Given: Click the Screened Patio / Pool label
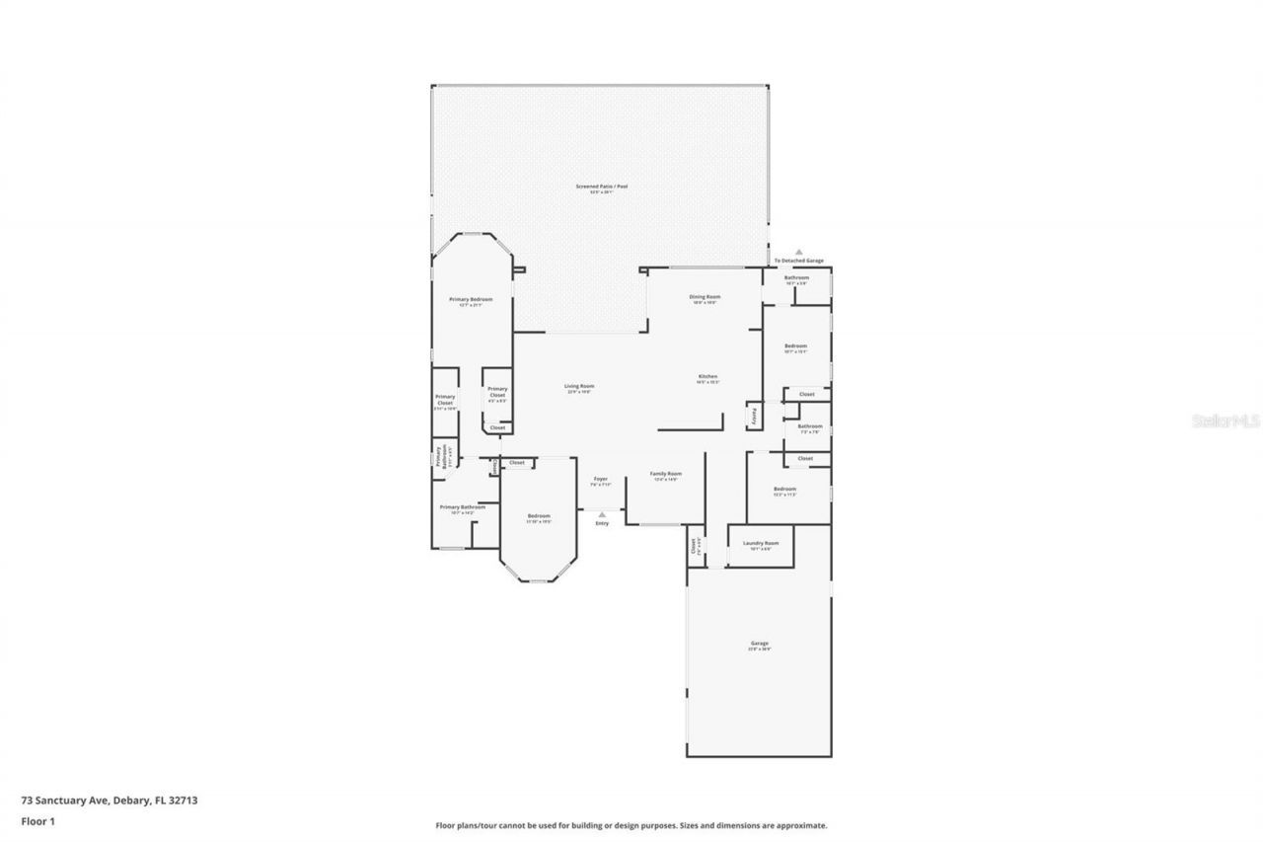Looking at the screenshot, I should click(x=601, y=187).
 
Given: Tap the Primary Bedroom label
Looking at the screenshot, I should click(x=471, y=300).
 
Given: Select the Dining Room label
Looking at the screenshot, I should click(x=705, y=297).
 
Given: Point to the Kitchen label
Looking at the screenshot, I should click(x=707, y=377).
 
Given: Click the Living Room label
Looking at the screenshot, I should click(x=579, y=387).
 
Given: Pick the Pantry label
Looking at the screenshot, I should click(x=755, y=416).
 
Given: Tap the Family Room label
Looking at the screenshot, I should click(x=665, y=475).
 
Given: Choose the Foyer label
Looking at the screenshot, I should click(x=600, y=481).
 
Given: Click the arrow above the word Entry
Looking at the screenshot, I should click(x=601, y=513).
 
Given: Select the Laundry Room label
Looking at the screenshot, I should click(x=761, y=544).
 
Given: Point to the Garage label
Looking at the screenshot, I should click(x=759, y=645).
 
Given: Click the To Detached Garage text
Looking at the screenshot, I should click(x=798, y=261).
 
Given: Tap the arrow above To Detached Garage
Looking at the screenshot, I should click(x=799, y=252).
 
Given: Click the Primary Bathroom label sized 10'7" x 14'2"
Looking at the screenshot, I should click(x=462, y=508).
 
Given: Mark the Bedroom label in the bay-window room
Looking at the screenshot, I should click(x=538, y=516).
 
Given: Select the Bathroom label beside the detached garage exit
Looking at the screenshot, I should click(x=796, y=278).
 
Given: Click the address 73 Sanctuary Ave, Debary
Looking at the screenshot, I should click(x=110, y=801).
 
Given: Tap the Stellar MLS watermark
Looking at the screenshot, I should click(x=1226, y=421).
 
